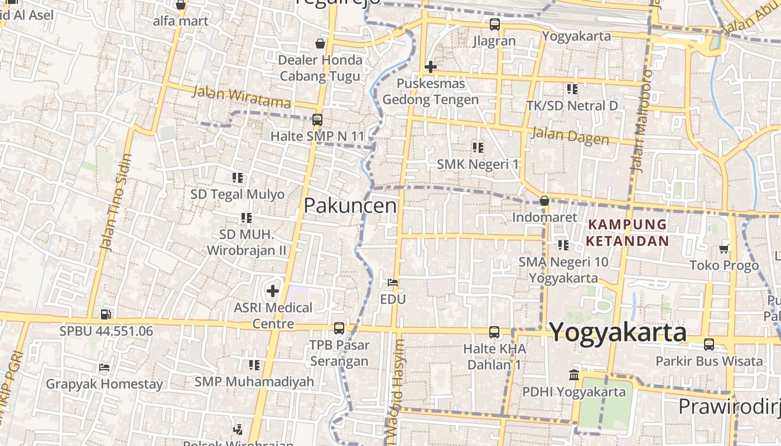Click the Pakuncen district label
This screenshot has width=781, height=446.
point(350,206)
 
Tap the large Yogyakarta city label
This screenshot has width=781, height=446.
point(618,332)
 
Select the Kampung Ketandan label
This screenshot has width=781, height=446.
point(628,232)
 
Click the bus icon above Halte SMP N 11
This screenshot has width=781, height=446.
point(317,119)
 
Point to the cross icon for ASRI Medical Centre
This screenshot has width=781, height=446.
point(273,290)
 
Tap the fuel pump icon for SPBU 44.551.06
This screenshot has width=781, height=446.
point(106,314)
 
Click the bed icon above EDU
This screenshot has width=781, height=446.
point(393,283)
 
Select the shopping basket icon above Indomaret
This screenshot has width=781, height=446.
point(544,201)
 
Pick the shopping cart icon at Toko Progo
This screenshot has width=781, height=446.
point(724,248)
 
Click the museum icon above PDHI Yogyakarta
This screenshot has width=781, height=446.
point(574,375)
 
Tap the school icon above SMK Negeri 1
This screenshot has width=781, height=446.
point(478,147)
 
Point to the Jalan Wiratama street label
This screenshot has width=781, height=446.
point(242,97)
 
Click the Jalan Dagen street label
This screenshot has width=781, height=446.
point(570,135)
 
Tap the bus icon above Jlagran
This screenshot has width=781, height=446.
point(494,25)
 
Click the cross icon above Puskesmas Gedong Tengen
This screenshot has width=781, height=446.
point(430,67)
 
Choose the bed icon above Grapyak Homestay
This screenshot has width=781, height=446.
point(104,367)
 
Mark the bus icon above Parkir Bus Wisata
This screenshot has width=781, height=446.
point(708,345)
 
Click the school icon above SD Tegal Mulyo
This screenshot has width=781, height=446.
point(238,178)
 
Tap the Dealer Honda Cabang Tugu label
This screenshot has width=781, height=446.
point(320,67)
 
